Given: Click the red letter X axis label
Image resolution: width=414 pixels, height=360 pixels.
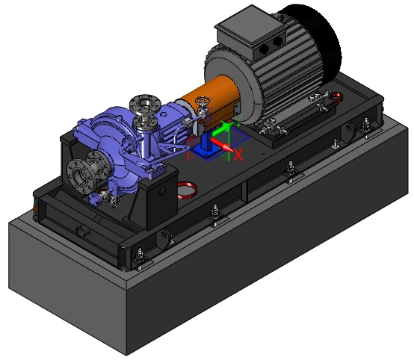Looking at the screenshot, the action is point(238,155).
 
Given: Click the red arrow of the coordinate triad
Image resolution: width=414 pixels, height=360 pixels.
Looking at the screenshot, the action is point(222,145).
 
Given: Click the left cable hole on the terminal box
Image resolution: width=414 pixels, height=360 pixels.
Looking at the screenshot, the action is point(265,49).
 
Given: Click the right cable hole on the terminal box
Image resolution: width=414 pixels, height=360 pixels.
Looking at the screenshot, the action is point(277,41).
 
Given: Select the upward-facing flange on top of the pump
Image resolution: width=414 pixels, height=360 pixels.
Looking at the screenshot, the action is point(145,104).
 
